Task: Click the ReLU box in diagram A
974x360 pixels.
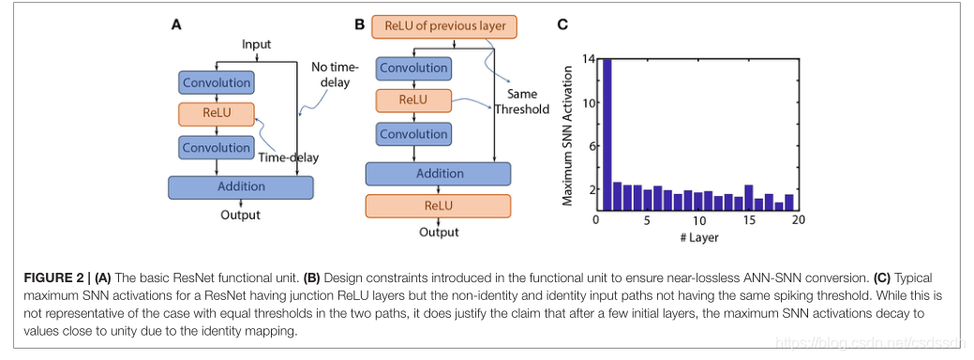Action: [x=217, y=114]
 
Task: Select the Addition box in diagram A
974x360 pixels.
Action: [x=241, y=187]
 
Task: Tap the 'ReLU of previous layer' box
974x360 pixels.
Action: [x=443, y=26]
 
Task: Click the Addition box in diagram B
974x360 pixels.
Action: [x=438, y=173]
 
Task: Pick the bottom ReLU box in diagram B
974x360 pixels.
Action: [x=438, y=206]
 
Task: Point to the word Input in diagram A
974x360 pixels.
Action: [x=257, y=45]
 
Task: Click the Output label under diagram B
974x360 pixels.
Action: [x=439, y=232]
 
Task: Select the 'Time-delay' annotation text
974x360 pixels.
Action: [x=288, y=157]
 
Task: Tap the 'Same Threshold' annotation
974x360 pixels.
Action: [x=522, y=102]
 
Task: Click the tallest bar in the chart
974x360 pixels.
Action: [x=607, y=135]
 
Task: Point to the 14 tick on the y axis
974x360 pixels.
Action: [x=589, y=58]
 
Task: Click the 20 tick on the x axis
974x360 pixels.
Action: [x=798, y=220]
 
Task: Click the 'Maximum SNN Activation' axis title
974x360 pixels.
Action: [x=568, y=133]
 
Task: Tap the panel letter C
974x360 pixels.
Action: [x=562, y=24]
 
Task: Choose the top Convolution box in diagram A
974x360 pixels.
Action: [x=217, y=82]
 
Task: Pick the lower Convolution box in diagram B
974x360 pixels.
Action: [x=414, y=134]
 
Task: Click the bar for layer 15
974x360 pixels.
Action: [x=748, y=198]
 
